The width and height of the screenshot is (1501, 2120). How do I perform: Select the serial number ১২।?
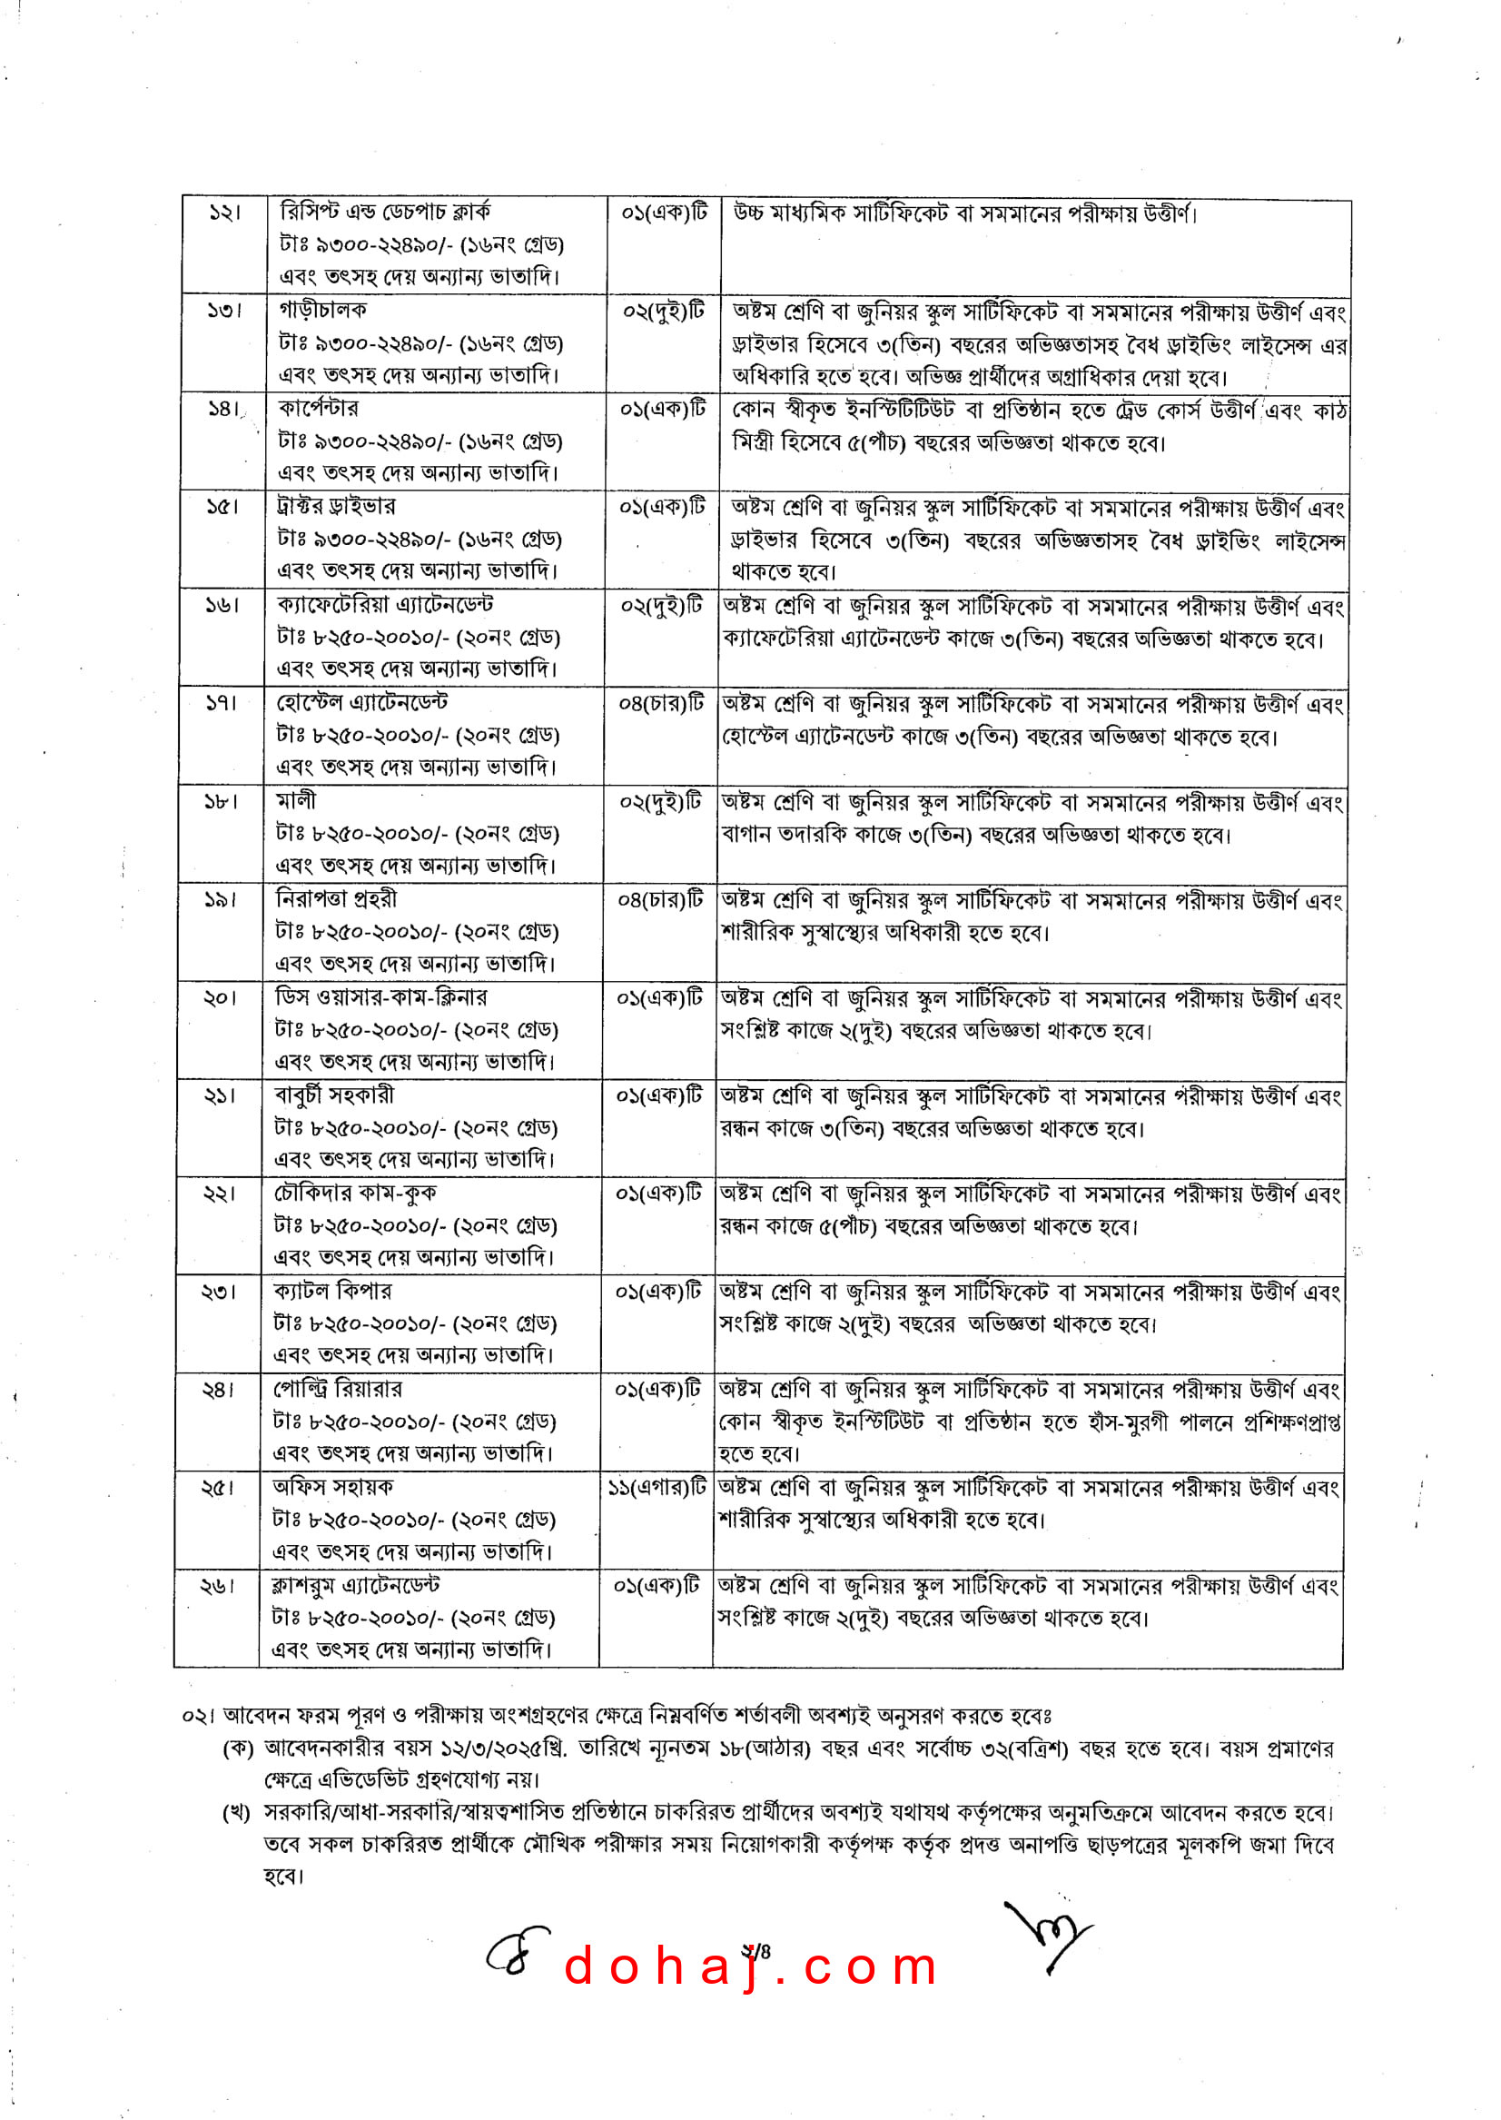tap(224, 213)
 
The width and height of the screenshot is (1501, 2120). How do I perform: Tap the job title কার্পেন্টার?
tap(318, 408)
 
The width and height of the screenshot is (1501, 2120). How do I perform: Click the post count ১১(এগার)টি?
tap(657, 1488)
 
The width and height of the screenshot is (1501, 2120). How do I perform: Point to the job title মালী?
tap(296, 800)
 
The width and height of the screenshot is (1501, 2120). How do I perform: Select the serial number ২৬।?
tap(217, 1586)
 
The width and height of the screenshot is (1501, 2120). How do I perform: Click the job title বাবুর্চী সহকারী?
tap(334, 1095)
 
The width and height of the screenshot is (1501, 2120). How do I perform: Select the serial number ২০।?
tap(220, 997)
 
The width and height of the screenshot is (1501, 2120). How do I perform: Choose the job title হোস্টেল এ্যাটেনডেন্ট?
tap(362, 703)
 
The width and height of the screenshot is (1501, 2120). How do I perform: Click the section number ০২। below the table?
tap(197, 1716)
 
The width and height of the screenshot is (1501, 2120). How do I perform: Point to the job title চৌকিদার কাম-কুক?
tap(355, 1193)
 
